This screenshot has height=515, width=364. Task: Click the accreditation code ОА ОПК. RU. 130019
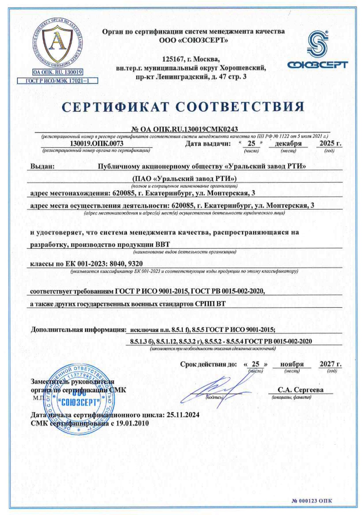[x=58, y=72]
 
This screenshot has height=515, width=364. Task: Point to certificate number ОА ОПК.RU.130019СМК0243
[x=184, y=129]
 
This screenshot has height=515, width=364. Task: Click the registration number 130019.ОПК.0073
[x=97, y=144]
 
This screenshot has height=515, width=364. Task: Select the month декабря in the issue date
[x=288, y=144]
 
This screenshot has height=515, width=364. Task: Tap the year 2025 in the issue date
[x=327, y=143]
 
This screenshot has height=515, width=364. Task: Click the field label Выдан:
[x=43, y=166]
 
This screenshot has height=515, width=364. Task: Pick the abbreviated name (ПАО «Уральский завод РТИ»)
[x=184, y=179]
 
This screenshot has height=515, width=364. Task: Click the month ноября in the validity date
[x=292, y=364]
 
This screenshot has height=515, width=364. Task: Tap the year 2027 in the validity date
[x=328, y=364]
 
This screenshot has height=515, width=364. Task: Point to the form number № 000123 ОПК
[x=312, y=501]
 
